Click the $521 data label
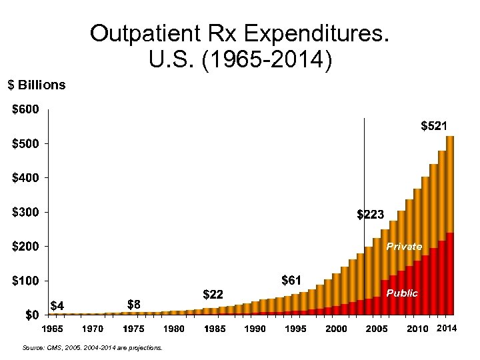434,125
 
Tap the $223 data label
370,215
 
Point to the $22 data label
212,294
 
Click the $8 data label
134,304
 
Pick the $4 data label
57,306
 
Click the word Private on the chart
404,247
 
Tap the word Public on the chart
402,293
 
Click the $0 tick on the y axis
29,315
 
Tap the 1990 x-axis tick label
255,329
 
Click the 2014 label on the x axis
446,329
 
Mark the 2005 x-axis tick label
377,329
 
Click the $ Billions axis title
36,85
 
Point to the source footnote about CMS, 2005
92,347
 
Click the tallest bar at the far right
450,227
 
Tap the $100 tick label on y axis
26,281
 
